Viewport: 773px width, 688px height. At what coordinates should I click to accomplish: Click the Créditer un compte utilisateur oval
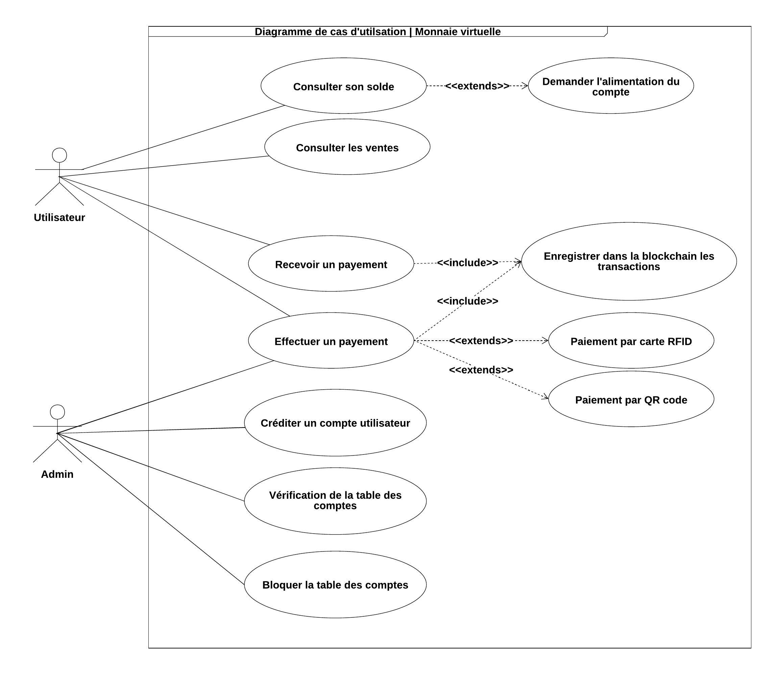point(335,423)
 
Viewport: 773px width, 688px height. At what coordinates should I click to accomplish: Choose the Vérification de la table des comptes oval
point(335,500)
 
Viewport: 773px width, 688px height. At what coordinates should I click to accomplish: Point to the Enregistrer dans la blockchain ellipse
point(629,261)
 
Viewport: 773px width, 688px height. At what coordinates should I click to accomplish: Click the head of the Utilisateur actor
point(59,155)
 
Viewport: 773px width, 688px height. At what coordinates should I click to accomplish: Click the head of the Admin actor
point(57,412)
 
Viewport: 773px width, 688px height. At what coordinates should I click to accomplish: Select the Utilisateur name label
point(59,217)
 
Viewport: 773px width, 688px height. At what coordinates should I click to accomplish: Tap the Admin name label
point(57,474)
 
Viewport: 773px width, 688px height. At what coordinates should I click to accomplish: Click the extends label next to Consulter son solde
point(477,86)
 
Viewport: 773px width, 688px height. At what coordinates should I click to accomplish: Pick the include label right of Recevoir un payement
point(467,262)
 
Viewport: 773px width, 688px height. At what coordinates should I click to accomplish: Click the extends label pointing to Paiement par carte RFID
point(481,341)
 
